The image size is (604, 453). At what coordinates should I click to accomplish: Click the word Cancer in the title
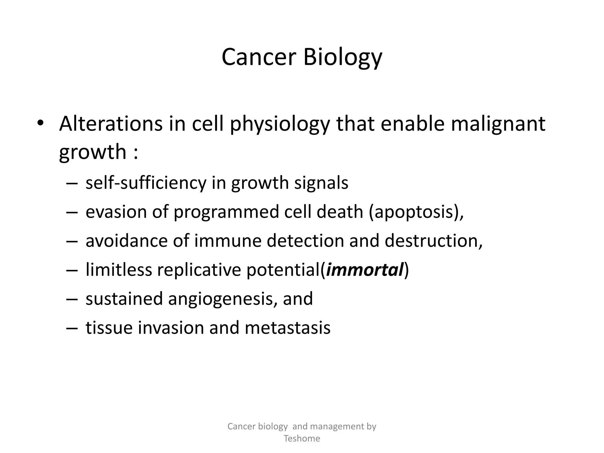pos(259,57)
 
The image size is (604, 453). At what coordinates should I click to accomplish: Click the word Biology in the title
pos(343,57)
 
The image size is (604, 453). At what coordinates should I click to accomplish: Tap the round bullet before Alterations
pos(40,123)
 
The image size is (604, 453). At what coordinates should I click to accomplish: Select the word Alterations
pos(111,123)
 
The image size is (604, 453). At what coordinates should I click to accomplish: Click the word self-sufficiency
pos(146,183)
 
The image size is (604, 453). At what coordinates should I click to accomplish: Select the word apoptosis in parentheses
pos(414,212)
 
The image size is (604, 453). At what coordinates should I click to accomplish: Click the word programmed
pos(226,212)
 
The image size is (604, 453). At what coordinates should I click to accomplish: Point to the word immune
pos(227,241)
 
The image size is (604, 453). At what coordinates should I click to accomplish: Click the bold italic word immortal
pos(365,270)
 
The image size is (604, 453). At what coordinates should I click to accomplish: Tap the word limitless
pos(119,270)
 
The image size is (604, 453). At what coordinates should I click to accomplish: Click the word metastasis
pos(287,328)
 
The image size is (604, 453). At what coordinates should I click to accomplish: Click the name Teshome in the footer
pos(302,438)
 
